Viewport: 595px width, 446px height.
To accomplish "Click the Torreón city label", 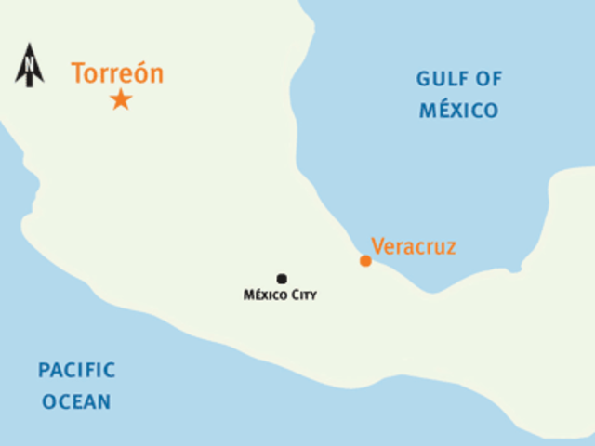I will click(117, 74).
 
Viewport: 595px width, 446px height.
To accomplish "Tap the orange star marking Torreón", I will click(121, 99).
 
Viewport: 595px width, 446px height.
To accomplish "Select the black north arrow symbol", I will click(30, 66).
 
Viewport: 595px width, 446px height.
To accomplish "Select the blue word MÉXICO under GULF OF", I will click(458, 111).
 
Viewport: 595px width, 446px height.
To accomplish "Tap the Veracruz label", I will click(414, 246).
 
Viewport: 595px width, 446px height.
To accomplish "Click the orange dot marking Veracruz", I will click(365, 261).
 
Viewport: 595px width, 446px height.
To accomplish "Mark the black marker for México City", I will click(282, 279).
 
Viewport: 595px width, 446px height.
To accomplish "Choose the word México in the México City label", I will click(265, 295).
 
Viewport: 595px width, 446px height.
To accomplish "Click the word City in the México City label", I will click(303, 295).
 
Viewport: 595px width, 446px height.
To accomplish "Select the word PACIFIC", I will click(77, 371).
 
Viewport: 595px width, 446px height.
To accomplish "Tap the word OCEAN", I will click(76, 402).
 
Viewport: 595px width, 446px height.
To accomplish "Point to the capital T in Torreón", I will click(78, 74).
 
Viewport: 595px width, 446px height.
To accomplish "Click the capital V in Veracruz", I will click(377, 246).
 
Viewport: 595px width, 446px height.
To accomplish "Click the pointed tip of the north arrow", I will click(30, 45).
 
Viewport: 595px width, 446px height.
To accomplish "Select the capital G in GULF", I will click(423, 79).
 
